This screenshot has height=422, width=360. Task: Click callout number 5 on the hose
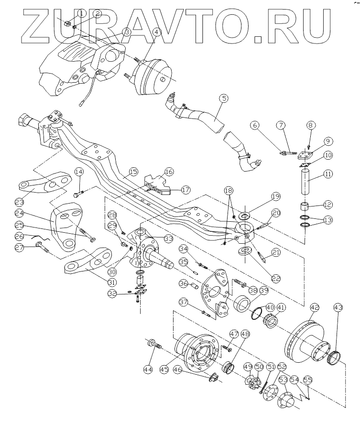224,98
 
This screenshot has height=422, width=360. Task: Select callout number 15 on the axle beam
132,172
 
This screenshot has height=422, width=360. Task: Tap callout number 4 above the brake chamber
156,32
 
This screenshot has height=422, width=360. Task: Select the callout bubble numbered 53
284,380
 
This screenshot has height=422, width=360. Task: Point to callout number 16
169,171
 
